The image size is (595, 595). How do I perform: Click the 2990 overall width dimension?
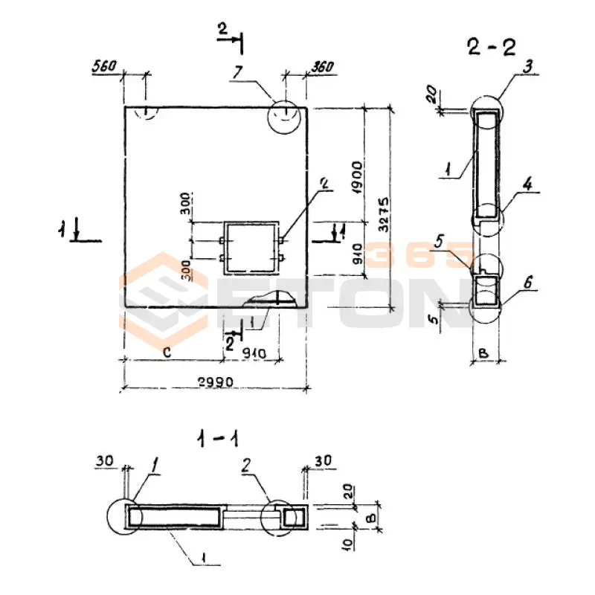[216, 382]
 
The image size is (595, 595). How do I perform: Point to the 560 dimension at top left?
[104, 66]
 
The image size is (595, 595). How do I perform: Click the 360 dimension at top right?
[321, 66]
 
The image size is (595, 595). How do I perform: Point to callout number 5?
[460, 242]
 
